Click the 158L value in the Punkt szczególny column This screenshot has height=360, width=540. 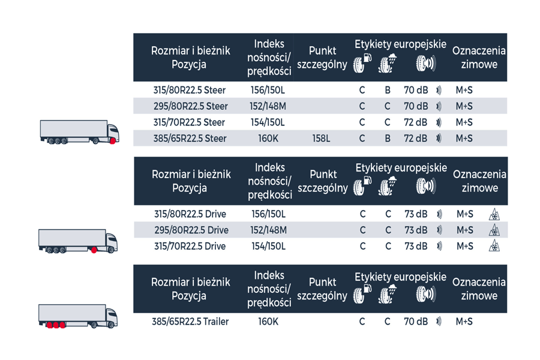coord(321,139)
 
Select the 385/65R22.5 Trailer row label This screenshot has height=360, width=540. coord(190,322)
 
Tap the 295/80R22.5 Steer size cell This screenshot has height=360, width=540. coord(190,106)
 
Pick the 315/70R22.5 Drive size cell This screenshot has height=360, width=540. coord(190,246)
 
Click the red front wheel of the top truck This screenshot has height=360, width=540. coord(113,140)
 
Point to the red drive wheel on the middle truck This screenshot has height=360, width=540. coord(94,250)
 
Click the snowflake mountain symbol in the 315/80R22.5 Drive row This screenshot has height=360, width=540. coord(494,214)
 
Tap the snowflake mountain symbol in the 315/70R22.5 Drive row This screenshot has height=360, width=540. coord(494,246)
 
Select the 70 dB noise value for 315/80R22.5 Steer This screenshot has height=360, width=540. coord(416,90)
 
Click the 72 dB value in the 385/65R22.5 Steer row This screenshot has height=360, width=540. coord(415,139)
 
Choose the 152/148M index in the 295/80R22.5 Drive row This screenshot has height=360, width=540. coord(268,230)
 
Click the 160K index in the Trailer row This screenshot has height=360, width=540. coord(268,322)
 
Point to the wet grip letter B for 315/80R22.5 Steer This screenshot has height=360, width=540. coord(388,90)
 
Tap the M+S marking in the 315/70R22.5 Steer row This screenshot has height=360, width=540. coord(464,122)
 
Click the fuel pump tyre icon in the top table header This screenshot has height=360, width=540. coord(362,63)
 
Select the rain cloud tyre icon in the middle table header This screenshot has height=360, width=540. coord(388,187)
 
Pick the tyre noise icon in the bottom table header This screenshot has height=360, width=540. coord(425,295)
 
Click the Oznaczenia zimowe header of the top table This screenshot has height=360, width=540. coord(479,57)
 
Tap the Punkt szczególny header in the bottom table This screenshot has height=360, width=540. coord(322,289)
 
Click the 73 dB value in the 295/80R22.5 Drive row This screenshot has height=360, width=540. coord(416,230)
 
